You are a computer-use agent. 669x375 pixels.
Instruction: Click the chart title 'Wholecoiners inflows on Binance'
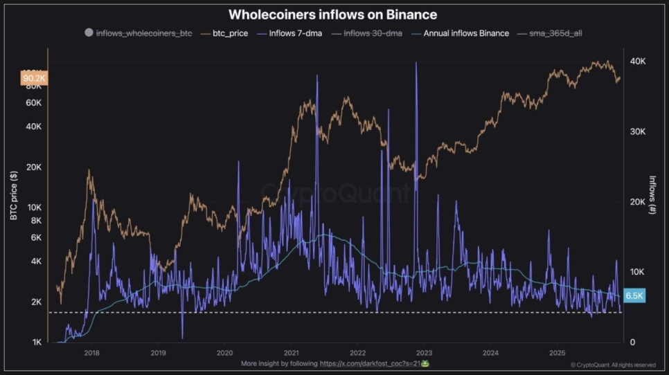click(333, 15)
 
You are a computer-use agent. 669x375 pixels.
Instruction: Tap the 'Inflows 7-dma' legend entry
click(291, 33)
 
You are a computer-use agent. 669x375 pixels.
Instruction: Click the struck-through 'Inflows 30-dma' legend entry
click(372, 33)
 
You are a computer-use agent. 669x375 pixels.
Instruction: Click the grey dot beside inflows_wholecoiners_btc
click(88, 33)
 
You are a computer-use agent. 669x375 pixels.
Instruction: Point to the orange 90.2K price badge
click(34, 78)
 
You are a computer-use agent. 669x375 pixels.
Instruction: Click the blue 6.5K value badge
click(634, 295)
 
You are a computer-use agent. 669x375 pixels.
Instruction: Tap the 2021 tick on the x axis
click(291, 353)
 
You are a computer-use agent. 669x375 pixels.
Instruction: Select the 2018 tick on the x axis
click(91, 353)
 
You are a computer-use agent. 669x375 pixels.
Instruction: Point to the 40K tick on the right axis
click(637, 62)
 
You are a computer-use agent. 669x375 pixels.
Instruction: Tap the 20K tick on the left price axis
click(34, 167)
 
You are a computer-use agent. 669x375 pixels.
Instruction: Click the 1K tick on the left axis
click(36, 342)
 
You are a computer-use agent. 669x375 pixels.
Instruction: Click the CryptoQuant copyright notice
click(613, 365)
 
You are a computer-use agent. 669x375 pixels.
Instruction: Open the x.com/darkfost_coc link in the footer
click(373, 363)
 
